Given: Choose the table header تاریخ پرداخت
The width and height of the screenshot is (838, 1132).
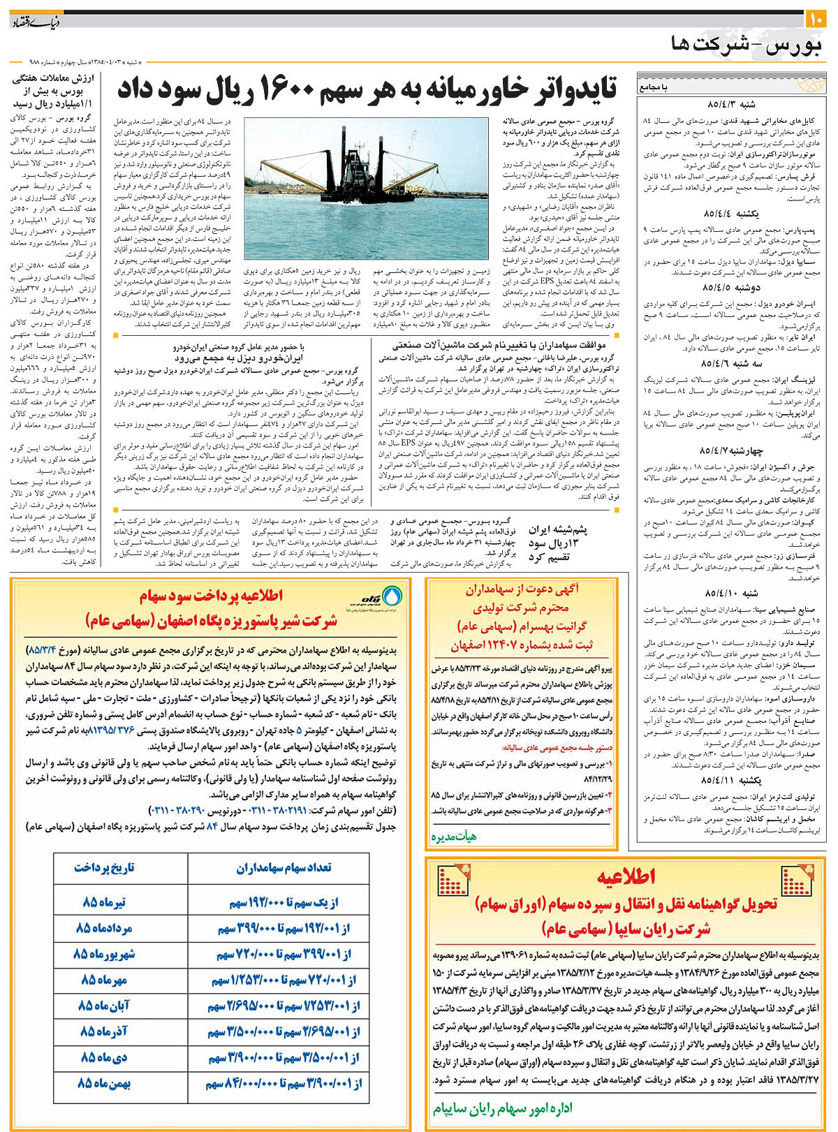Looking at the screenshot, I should pyautogui.click(x=104, y=867).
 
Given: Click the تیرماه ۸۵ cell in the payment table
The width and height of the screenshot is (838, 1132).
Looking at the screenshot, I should pyautogui.click(x=104, y=902).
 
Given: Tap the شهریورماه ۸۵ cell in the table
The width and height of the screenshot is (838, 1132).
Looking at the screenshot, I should pyautogui.click(x=104, y=954).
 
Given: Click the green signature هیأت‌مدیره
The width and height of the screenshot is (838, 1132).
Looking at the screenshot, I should pyautogui.click(x=454, y=836).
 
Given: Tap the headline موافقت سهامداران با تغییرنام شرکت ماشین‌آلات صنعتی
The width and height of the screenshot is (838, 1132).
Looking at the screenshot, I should pyautogui.click(x=499, y=345).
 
